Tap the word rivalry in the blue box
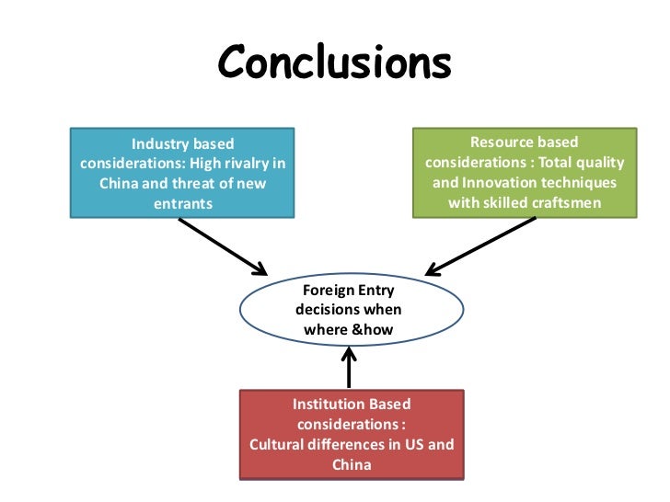pos(248,165)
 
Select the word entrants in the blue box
pos(182,203)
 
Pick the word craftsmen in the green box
pos(560,202)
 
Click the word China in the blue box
pos(120,184)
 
